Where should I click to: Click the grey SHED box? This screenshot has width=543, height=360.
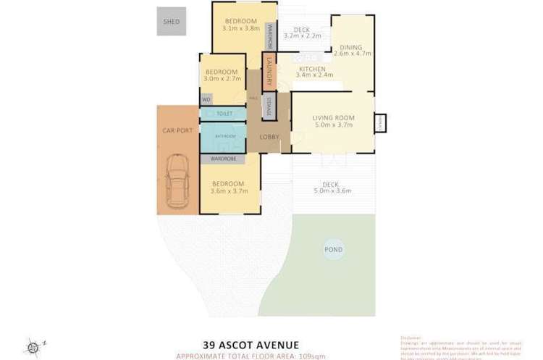coord(172,21)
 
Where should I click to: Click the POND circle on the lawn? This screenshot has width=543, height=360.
coord(333,250)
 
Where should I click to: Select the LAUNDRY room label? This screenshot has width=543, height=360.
coord(269,71)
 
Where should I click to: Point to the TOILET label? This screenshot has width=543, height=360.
coord(224,114)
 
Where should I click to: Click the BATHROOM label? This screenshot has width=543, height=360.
coord(223,135)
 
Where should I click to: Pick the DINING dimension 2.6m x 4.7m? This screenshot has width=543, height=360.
coord(353,53)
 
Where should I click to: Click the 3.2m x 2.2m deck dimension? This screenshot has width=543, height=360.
coord(302,35)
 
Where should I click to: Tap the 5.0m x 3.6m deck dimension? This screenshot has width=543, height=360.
coord(332,191)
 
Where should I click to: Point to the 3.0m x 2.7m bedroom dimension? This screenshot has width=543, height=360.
coord(221,80)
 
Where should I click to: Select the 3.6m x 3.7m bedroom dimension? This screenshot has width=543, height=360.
coord(228,191)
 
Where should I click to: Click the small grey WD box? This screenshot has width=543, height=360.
coord(206,99)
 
